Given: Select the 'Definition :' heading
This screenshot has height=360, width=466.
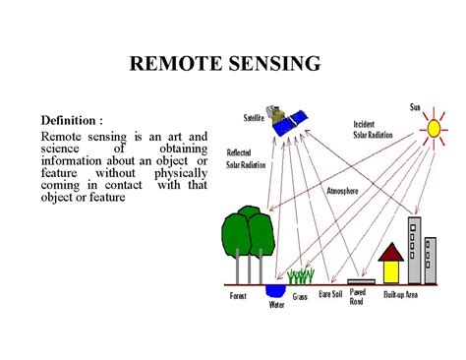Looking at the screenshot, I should (x=72, y=118).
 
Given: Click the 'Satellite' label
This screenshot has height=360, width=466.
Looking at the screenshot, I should (x=259, y=118).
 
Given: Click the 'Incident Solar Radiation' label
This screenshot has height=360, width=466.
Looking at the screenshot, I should (x=375, y=130).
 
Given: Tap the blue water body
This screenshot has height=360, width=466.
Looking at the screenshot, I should (x=276, y=291).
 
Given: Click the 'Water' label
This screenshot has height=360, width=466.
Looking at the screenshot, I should (x=277, y=304).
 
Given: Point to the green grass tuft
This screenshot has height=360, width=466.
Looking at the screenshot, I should (x=300, y=276).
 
